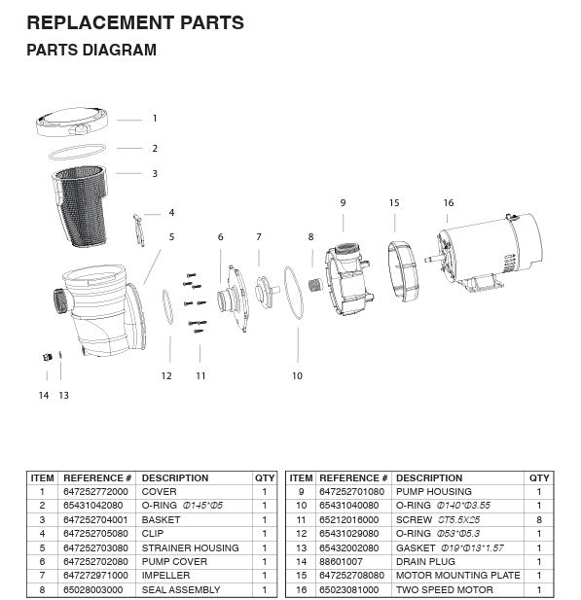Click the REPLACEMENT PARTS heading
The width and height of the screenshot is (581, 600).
[135, 21]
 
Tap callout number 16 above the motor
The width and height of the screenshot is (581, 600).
[448, 203]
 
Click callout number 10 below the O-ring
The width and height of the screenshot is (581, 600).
[297, 375]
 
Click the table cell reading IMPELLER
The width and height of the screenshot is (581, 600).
[165, 576]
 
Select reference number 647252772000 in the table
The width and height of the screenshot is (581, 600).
[96, 492]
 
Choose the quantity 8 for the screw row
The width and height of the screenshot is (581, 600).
[539, 520]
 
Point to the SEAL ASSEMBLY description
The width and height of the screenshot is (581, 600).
[181, 589]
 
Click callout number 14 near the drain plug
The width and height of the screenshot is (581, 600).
[43, 395]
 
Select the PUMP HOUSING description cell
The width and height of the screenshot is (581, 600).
[433, 492]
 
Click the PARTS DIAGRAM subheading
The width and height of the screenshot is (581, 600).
[91, 51]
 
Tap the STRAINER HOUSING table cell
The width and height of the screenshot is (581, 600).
[190, 548]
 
